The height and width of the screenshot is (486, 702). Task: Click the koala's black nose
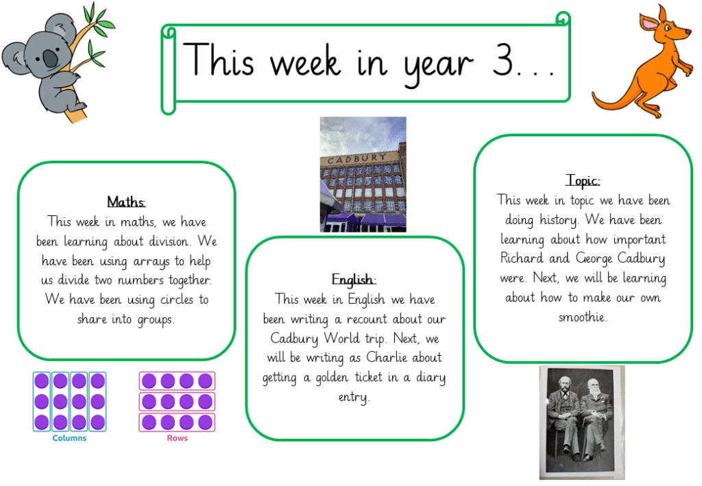click(50, 58)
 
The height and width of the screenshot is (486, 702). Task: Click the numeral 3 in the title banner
click(503, 60)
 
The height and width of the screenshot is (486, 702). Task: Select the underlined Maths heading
click(126, 202)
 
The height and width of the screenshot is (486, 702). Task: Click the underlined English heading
click(354, 280)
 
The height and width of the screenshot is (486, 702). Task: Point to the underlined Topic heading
click(583, 180)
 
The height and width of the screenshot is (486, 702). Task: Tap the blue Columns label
click(69, 438)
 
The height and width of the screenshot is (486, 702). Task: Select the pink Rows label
click(178, 438)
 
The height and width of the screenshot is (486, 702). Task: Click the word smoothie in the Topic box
click(583, 317)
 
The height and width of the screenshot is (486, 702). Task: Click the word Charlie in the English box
click(387, 357)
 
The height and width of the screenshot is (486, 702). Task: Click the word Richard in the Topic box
click(522, 258)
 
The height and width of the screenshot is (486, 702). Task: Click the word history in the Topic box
click(559, 220)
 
